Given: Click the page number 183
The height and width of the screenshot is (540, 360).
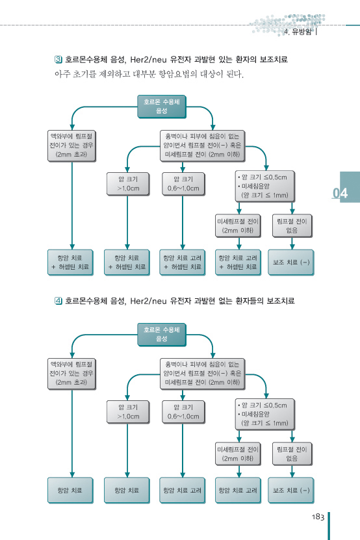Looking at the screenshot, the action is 318,517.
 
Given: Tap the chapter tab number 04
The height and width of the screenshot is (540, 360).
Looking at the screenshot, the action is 340,193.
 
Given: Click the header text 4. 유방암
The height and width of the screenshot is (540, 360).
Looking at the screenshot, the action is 298,32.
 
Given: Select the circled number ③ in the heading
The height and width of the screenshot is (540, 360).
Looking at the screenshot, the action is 58,59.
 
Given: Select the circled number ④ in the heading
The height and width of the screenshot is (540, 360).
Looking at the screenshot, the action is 58,301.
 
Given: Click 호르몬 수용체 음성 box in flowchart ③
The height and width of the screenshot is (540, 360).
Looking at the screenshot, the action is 162,107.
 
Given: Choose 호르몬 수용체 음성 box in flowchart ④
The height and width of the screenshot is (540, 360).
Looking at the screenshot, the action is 162,335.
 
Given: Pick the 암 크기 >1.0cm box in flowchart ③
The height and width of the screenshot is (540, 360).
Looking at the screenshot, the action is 128,184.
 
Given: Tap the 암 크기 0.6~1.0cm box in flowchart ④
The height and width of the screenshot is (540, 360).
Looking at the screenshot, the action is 183,412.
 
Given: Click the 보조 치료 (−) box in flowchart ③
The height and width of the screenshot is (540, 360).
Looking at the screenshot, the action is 290,263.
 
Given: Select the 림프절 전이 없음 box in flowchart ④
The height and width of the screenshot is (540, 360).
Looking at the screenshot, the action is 292,454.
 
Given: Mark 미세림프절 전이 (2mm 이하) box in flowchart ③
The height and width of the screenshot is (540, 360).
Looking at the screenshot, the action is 238,226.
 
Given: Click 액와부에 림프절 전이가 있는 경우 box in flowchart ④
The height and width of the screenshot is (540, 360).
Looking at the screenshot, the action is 71,374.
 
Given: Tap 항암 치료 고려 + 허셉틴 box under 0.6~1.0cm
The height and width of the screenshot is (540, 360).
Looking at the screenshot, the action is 182,263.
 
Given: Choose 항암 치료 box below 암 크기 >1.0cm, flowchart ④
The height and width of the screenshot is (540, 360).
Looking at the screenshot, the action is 127,491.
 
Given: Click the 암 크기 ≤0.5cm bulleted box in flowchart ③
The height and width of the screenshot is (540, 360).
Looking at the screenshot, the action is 265,186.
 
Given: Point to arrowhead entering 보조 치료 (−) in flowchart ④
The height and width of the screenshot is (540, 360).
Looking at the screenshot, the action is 292,474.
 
